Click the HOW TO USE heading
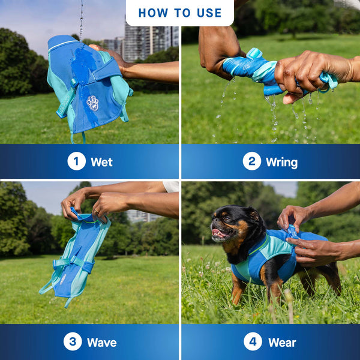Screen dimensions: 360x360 point(180,13)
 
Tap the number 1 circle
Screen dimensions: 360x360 point(76,161)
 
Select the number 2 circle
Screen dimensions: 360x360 point(251,161)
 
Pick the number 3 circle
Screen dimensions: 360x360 point(73,342)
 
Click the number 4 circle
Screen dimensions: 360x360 point(253,342)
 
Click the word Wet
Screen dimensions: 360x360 point(101,162)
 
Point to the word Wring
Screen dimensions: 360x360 point(281,162)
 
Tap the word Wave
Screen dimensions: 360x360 point(101,343)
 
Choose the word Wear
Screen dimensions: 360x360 point(282,343)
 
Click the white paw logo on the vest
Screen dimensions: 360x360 point(92,103)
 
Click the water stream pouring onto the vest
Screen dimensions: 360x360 point(81,21)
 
